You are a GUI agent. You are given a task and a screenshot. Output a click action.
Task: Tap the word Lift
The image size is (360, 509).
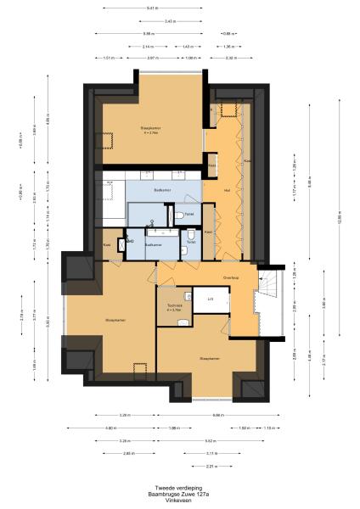[x=209, y=299]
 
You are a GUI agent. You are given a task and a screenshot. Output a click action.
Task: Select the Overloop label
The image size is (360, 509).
[x=230, y=277]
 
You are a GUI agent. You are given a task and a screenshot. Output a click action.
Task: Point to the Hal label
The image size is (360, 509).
[x=227, y=190]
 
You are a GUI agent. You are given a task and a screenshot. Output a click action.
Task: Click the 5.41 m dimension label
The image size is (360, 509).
[x=150, y=7]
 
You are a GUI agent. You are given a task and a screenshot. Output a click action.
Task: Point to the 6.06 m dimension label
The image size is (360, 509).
[x=218, y=415]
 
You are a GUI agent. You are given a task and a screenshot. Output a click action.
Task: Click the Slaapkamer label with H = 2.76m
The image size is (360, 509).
[x=152, y=129]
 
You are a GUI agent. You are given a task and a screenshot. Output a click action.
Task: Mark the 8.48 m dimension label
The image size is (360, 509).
[x=311, y=180]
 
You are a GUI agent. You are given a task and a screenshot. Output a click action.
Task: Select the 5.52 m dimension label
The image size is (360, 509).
[x=209, y=441]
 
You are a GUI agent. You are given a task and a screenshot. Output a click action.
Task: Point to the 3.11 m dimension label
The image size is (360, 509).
[x=211, y=454]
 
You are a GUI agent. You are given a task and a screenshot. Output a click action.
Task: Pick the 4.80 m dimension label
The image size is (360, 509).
[x=110, y=428]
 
